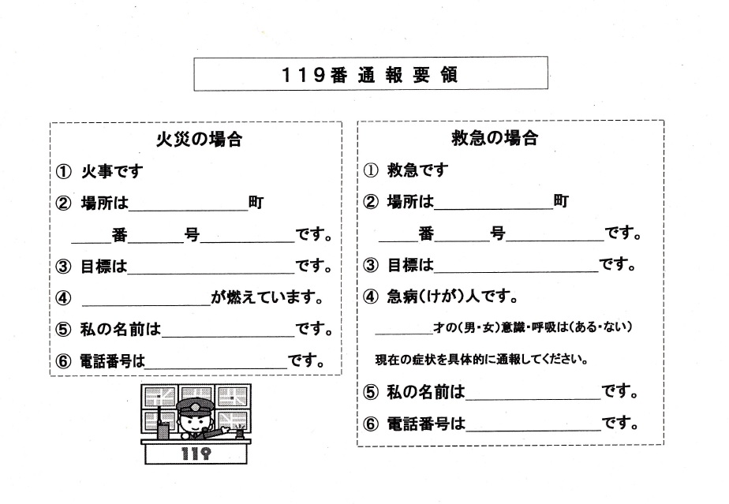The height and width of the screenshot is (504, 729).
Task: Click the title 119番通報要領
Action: [370, 75]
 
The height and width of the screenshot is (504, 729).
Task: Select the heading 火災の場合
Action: [196, 140]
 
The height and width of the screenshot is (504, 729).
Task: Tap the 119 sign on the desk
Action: [195, 454]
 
